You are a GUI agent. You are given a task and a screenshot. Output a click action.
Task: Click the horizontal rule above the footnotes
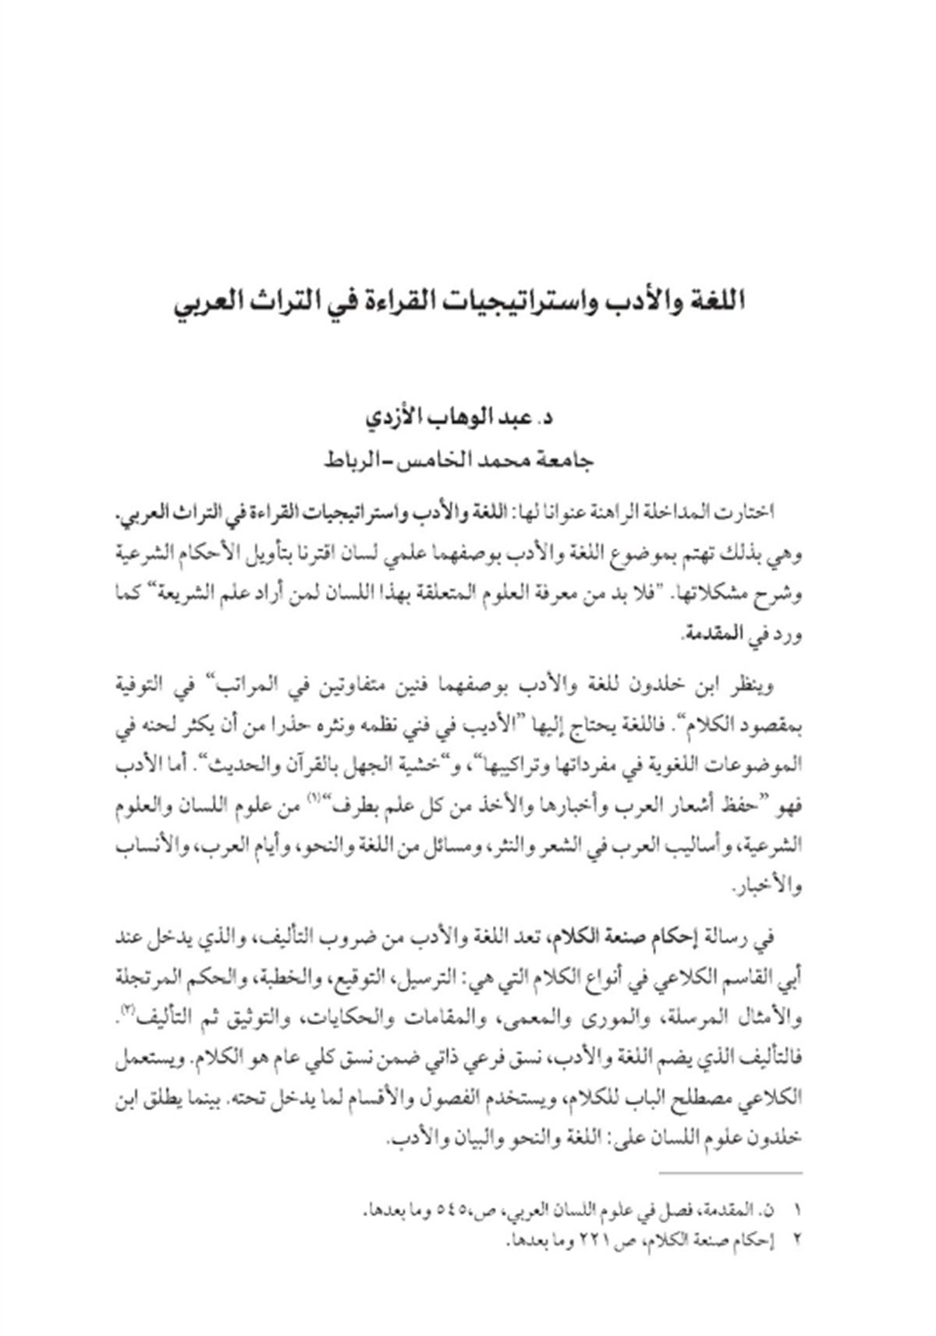click(729, 1173)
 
